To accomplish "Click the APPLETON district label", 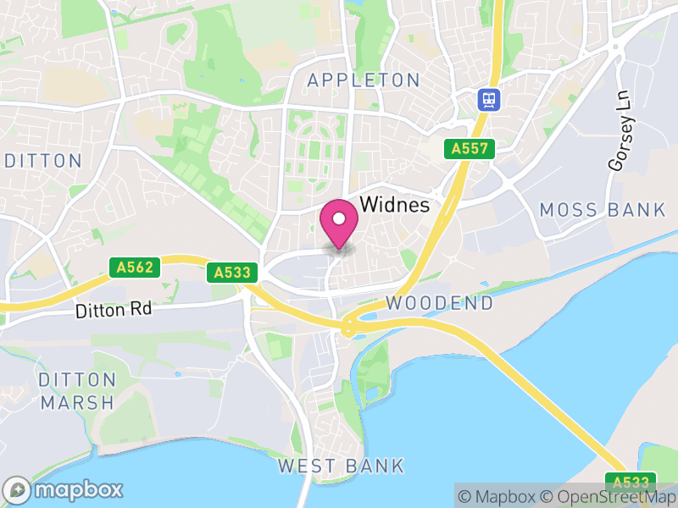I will click(x=364, y=80).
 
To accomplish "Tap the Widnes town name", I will click(x=395, y=206).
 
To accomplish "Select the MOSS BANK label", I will click(x=603, y=210).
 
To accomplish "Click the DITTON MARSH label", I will click(x=76, y=390).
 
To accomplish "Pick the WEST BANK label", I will click(x=341, y=466).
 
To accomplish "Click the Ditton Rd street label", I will click(x=114, y=310).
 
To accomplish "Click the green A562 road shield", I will click(x=135, y=268).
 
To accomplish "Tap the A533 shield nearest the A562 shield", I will click(x=231, y=273).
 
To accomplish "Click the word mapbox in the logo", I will click(x=78, y=489).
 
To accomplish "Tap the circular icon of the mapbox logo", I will click(x=18, y=489).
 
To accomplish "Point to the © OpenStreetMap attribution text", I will click(x=606, y=497).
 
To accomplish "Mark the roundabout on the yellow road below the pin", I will click(x=348, y=326).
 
